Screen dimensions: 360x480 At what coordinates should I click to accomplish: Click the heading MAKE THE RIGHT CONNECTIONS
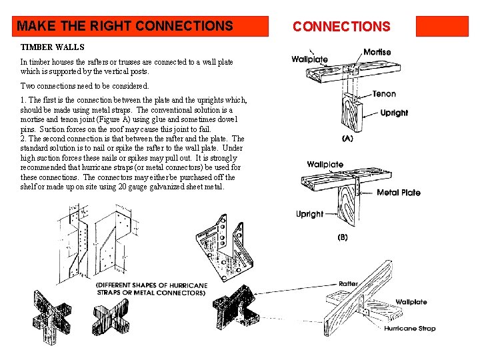coord(125,27)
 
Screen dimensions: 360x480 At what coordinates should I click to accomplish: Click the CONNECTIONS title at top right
coord(341,27)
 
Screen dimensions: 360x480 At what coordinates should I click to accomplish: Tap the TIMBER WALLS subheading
coord(53,48)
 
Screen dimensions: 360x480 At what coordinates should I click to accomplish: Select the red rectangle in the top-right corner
coord(442,26)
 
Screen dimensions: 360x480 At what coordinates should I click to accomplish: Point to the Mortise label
coord(377,52)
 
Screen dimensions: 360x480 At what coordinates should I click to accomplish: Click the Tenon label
coord(384,95)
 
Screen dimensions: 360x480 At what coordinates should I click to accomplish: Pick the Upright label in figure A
coord(394,113)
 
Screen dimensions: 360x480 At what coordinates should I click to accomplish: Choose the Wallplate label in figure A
coord(309,59)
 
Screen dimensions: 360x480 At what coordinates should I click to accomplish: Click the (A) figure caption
coord(347,139)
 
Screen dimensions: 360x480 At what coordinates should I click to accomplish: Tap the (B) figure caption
coord(343,237)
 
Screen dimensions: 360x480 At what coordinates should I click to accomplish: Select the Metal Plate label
coord(399,193)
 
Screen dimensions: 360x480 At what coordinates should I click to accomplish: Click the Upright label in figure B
coord(309,214)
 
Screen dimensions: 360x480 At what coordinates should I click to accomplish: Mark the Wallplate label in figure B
coord(325,164)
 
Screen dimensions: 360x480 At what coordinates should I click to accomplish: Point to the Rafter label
coord(348,283)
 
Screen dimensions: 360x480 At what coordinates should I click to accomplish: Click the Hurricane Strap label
coord(409,328)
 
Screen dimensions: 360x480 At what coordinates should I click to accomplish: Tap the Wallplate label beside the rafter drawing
coord(411,302)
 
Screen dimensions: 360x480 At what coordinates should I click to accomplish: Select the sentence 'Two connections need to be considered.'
coord(85,86)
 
